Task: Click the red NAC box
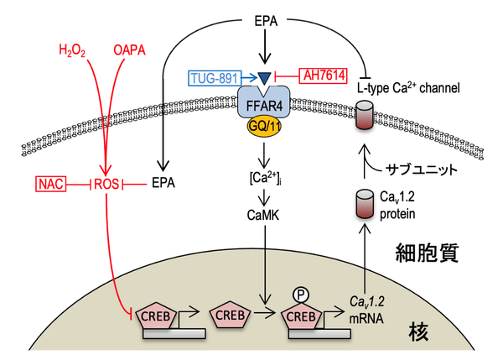click(51, 182)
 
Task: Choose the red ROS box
click(108, 182)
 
